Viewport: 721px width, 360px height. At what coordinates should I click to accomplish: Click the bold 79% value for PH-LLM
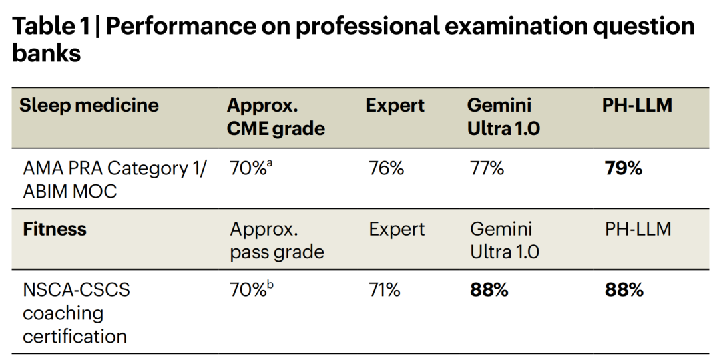pos(623,168)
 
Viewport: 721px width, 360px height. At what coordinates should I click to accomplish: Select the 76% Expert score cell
pos(386,168)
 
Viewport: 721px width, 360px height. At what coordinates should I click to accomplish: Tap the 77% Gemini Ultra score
pos(487,168)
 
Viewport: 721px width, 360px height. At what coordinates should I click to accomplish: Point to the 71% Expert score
pos(384,290)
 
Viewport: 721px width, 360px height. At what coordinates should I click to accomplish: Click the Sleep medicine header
pos(89,105)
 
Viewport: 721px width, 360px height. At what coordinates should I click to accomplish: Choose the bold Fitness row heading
pos(55,229)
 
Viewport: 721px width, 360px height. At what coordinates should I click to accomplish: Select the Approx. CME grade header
pos(276,116)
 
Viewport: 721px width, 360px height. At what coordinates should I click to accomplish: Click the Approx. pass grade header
pos(276,240)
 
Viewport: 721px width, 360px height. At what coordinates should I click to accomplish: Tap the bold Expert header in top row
pos(395,105)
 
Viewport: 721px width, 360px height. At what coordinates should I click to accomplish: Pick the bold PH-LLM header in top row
pos(637,105)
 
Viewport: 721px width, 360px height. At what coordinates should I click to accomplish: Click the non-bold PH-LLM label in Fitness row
pos(638,229)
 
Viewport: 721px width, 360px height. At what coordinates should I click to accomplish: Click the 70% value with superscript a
pos(250,168)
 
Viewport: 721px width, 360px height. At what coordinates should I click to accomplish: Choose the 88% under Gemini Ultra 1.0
pos(489,290)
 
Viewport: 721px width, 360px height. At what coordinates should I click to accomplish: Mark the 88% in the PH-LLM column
pos(624,290)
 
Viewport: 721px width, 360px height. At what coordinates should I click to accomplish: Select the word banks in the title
pos(46,53)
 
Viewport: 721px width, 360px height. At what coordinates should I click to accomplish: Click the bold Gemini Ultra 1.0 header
pos(503,116)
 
